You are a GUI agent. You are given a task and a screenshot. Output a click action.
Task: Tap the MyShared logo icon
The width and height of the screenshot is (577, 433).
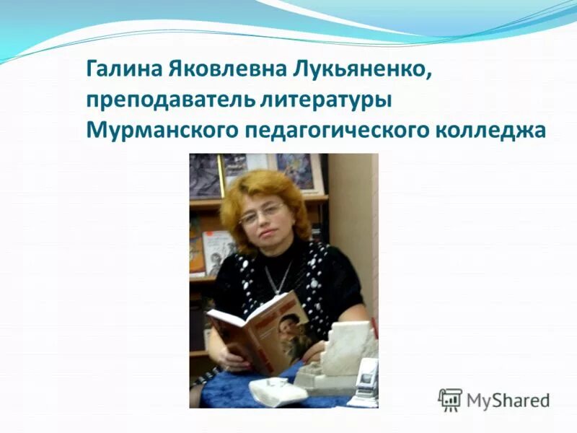(x=450, y=399)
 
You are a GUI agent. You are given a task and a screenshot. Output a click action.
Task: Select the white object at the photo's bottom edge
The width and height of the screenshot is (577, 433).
(x=268, y=393)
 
